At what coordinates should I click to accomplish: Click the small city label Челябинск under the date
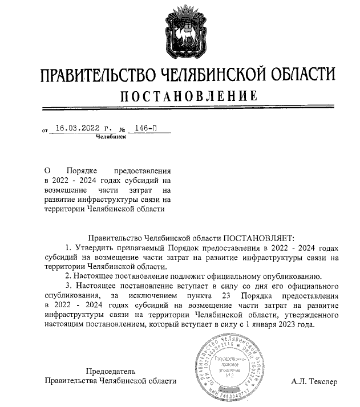111,137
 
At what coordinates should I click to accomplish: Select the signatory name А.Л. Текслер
314,381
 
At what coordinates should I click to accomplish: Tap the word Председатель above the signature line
111,371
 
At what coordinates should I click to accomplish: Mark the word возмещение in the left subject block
64,189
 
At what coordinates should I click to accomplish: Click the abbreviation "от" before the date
45,131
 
